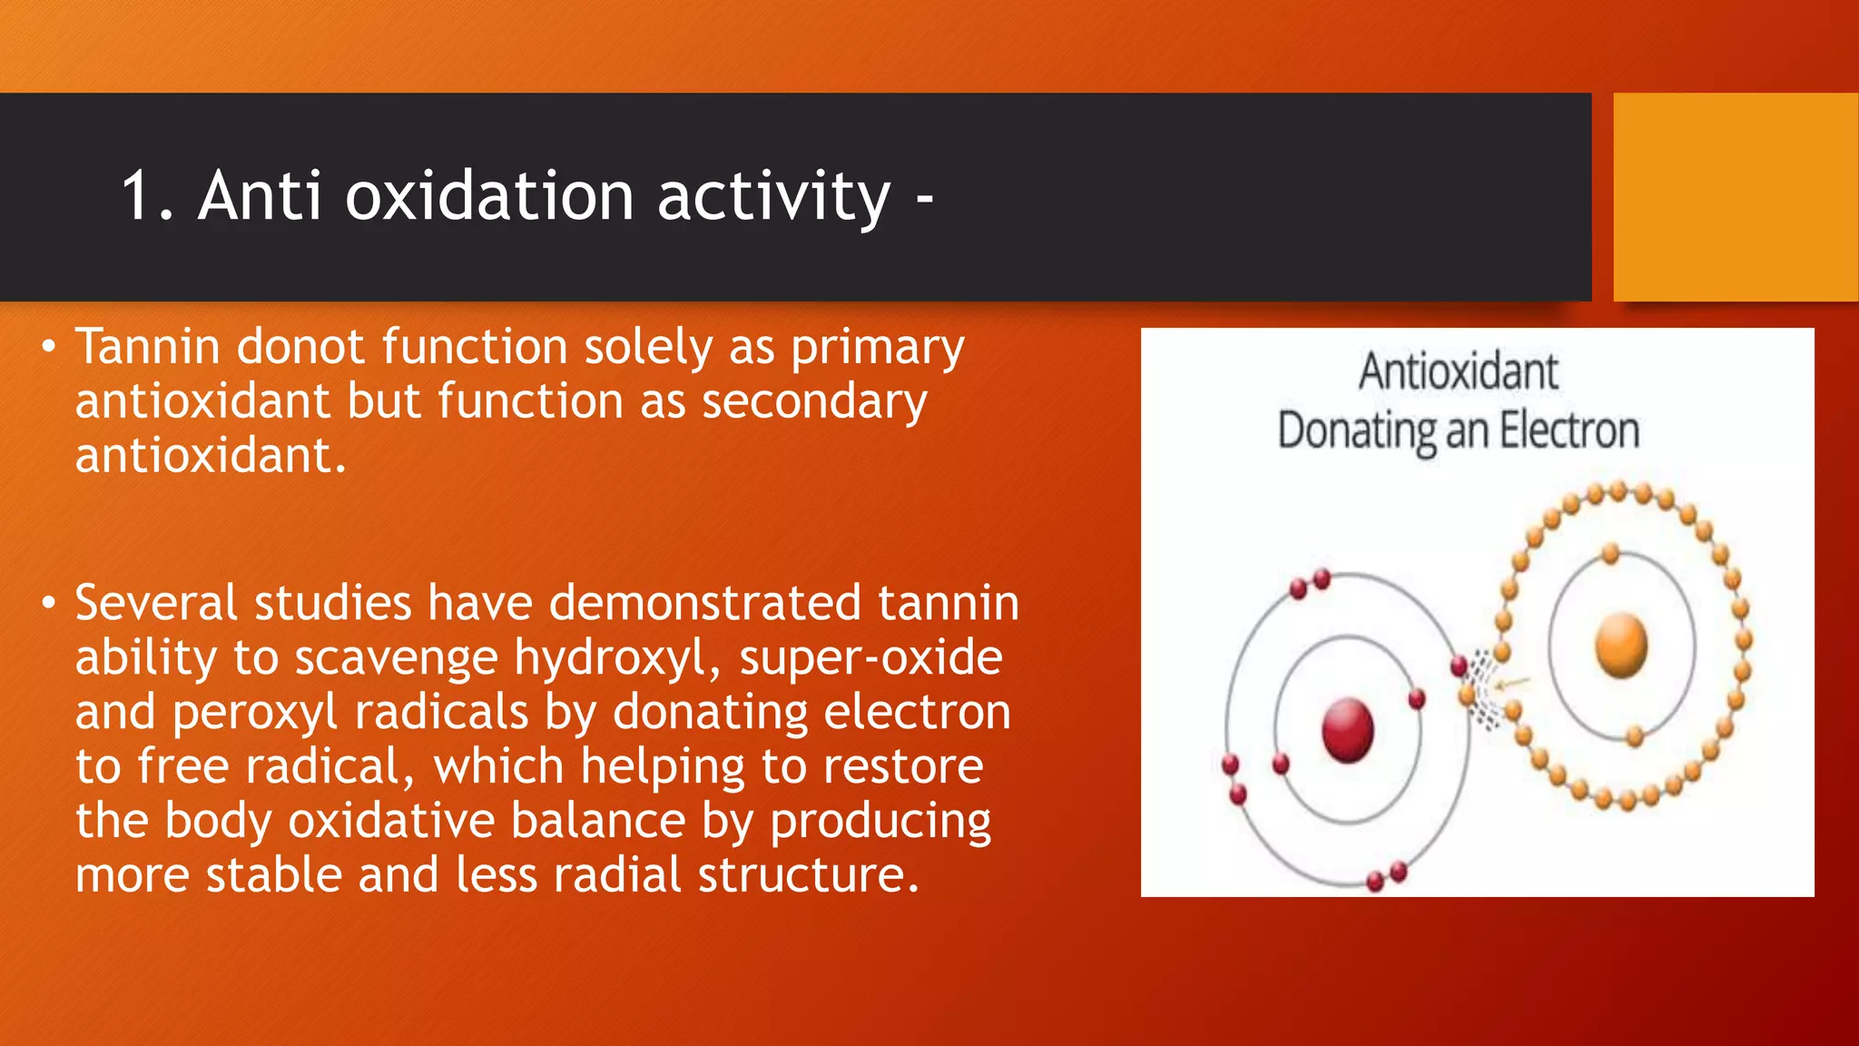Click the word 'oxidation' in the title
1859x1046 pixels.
[x=488, y=196]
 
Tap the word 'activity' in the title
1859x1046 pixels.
[x=773, y=198]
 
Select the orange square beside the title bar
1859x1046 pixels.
[x=1735, y=197]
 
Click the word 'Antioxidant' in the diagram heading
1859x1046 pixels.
[x=1458, y=371]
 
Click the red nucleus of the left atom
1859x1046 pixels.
[x=1347, y=729]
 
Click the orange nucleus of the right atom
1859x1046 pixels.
[x=1621, y=644]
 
